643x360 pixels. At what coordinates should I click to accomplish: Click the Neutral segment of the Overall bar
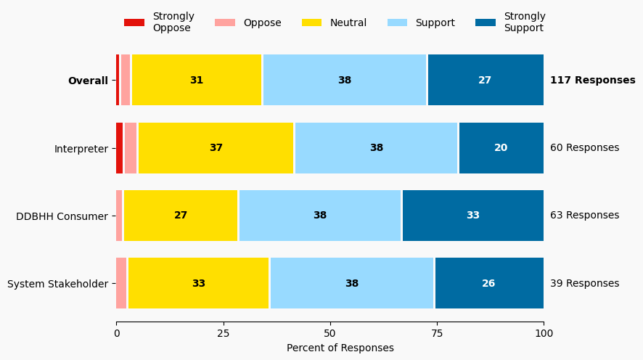(197, 81)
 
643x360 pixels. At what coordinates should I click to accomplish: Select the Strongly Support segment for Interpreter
(501, 148)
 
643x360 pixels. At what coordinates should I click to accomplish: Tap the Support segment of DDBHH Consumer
(320, 216)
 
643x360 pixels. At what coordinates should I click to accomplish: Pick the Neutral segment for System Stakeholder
(198, 283)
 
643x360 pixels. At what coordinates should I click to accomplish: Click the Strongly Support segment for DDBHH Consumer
(473, 216)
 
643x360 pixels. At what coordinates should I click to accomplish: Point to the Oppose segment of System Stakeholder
(121, 283)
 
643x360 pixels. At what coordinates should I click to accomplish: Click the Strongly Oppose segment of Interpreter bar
(120, 148)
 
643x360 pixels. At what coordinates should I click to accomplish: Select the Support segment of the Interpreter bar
(376, 148)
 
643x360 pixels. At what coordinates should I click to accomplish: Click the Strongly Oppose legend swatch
(134, 22)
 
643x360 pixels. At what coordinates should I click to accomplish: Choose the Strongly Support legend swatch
(486, 22)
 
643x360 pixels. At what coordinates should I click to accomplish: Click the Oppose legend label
(262, 22)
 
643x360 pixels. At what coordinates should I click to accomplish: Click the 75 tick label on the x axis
(437, 333)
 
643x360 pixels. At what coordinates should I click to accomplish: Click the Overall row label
(88, 81)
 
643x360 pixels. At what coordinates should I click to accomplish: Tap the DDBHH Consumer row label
(62, 216)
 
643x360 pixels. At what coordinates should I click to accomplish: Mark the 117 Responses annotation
(592, 81)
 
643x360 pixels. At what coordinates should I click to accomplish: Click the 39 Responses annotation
(584, 283)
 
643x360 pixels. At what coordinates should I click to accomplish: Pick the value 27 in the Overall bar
(485, 81)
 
